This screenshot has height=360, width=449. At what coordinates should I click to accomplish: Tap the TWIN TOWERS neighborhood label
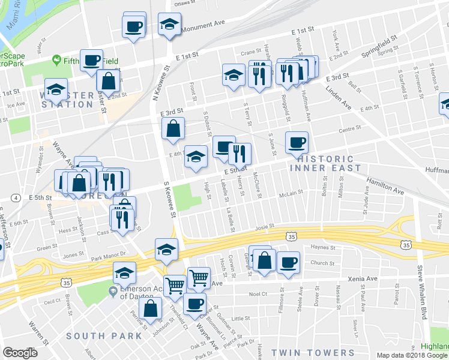313,352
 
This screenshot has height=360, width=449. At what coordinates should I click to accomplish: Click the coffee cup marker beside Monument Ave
134,26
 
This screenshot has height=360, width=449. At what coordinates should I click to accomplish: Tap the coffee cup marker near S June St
297,143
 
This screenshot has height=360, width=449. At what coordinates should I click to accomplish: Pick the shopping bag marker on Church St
264,260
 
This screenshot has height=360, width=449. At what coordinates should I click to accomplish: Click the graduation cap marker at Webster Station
56,89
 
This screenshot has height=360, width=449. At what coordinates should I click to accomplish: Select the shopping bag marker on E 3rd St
173,128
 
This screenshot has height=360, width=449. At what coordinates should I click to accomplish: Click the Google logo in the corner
20,353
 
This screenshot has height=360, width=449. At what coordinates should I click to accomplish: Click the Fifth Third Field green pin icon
56,60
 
